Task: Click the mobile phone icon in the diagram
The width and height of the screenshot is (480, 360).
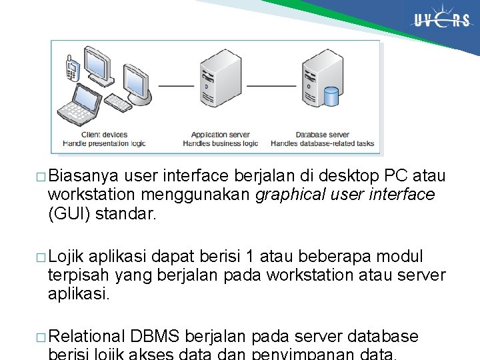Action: click(x=72, y=68)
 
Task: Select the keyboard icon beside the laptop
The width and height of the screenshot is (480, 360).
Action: click(x=119, y=103)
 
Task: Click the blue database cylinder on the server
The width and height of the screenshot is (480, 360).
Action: click(x=331, y=96)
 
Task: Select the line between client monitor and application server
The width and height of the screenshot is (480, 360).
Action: click(x=176, y=86)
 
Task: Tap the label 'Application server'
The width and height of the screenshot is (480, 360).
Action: click(x=220, y=135)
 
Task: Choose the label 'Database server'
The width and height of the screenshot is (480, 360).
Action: click(x=322, y=135)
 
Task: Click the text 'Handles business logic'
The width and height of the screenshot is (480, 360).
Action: click(x=220, y=143)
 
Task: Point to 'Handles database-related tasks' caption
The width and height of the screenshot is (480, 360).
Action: click(x=322, y=143)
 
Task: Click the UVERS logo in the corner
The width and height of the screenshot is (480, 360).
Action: click(x=441, y=21)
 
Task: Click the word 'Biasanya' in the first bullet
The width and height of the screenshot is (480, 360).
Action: click(x=83, y=176)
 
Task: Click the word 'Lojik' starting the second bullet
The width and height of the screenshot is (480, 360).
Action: click(x=67, y=257)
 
